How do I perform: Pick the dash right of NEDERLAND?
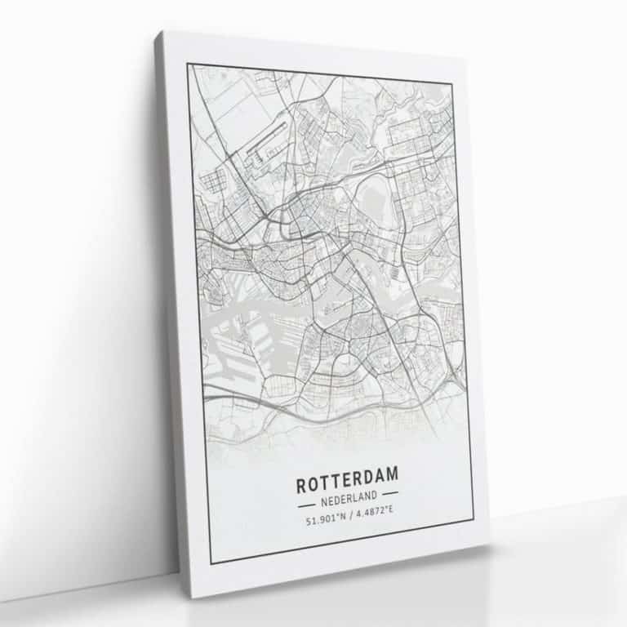pyautogui.click(x=389, y=494)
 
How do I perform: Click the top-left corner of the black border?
pyautogui.click(x=187, y=64)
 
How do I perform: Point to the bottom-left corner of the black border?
pyautogui.click(x=210, y=563)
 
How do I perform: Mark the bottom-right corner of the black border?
pyautogui.click(x=473, y=519)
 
